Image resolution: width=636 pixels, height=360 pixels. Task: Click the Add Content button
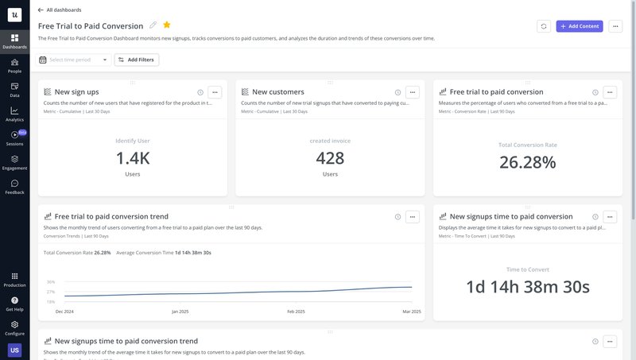coord(580,26)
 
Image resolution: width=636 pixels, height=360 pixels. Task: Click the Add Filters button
coord(137,60)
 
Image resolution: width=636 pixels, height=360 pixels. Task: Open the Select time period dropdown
coord(73,60)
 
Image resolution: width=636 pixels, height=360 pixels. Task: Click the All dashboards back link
coord(60,10)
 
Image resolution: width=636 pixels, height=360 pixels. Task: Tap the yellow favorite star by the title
coord(167,25)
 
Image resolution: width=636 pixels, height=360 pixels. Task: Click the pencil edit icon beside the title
coord(153,25)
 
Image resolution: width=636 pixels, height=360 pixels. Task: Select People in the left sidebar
coord(14,65)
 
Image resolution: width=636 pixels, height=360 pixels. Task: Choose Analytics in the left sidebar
coord(14,114)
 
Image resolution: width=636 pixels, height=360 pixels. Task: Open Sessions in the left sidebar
coord(14,138)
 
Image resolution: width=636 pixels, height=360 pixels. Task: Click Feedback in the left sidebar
coord(14,187)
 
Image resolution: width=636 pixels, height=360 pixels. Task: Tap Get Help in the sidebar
coord(14,304)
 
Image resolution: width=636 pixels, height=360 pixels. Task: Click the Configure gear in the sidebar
coord(14,327)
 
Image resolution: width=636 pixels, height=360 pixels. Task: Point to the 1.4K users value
coord(132,158)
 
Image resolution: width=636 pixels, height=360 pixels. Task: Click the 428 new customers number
coord(330,158)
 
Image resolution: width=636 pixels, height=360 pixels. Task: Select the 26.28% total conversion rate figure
coord(527,162)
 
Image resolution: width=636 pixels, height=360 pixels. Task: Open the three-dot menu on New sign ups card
coord(215,92)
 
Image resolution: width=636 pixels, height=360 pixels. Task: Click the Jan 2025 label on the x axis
coord(180,312)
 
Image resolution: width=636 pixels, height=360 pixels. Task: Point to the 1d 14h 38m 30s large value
coord(527,287)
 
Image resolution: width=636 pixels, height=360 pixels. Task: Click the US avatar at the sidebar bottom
coord(14,350)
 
